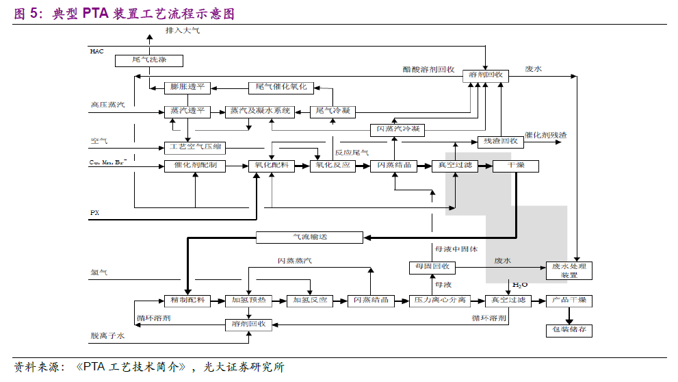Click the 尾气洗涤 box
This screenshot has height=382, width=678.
tap(140, 60)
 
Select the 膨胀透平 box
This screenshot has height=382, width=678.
tap(187, 87)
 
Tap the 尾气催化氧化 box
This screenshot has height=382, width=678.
tap(281, 87)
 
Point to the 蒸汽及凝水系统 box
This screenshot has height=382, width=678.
tap(260, 111)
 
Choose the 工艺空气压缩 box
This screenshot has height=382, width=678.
tap(195, 147)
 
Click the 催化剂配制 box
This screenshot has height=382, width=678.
tap(195, 166)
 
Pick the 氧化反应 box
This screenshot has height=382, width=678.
tap(333, 166)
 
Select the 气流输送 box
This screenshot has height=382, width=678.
tap(309, 238)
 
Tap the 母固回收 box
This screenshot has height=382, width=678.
tap(432, 266)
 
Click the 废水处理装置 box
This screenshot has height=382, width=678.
tap(569, 270)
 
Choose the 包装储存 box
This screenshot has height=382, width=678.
tap(569, 330)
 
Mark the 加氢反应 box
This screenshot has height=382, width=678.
tap(309, 300)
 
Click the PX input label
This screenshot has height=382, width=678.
tap(95, 213)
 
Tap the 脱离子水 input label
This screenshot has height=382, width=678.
tap(107, 336)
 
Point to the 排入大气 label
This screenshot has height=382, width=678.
tap(183, 31)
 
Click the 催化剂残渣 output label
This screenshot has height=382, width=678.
tap(545, 135)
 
